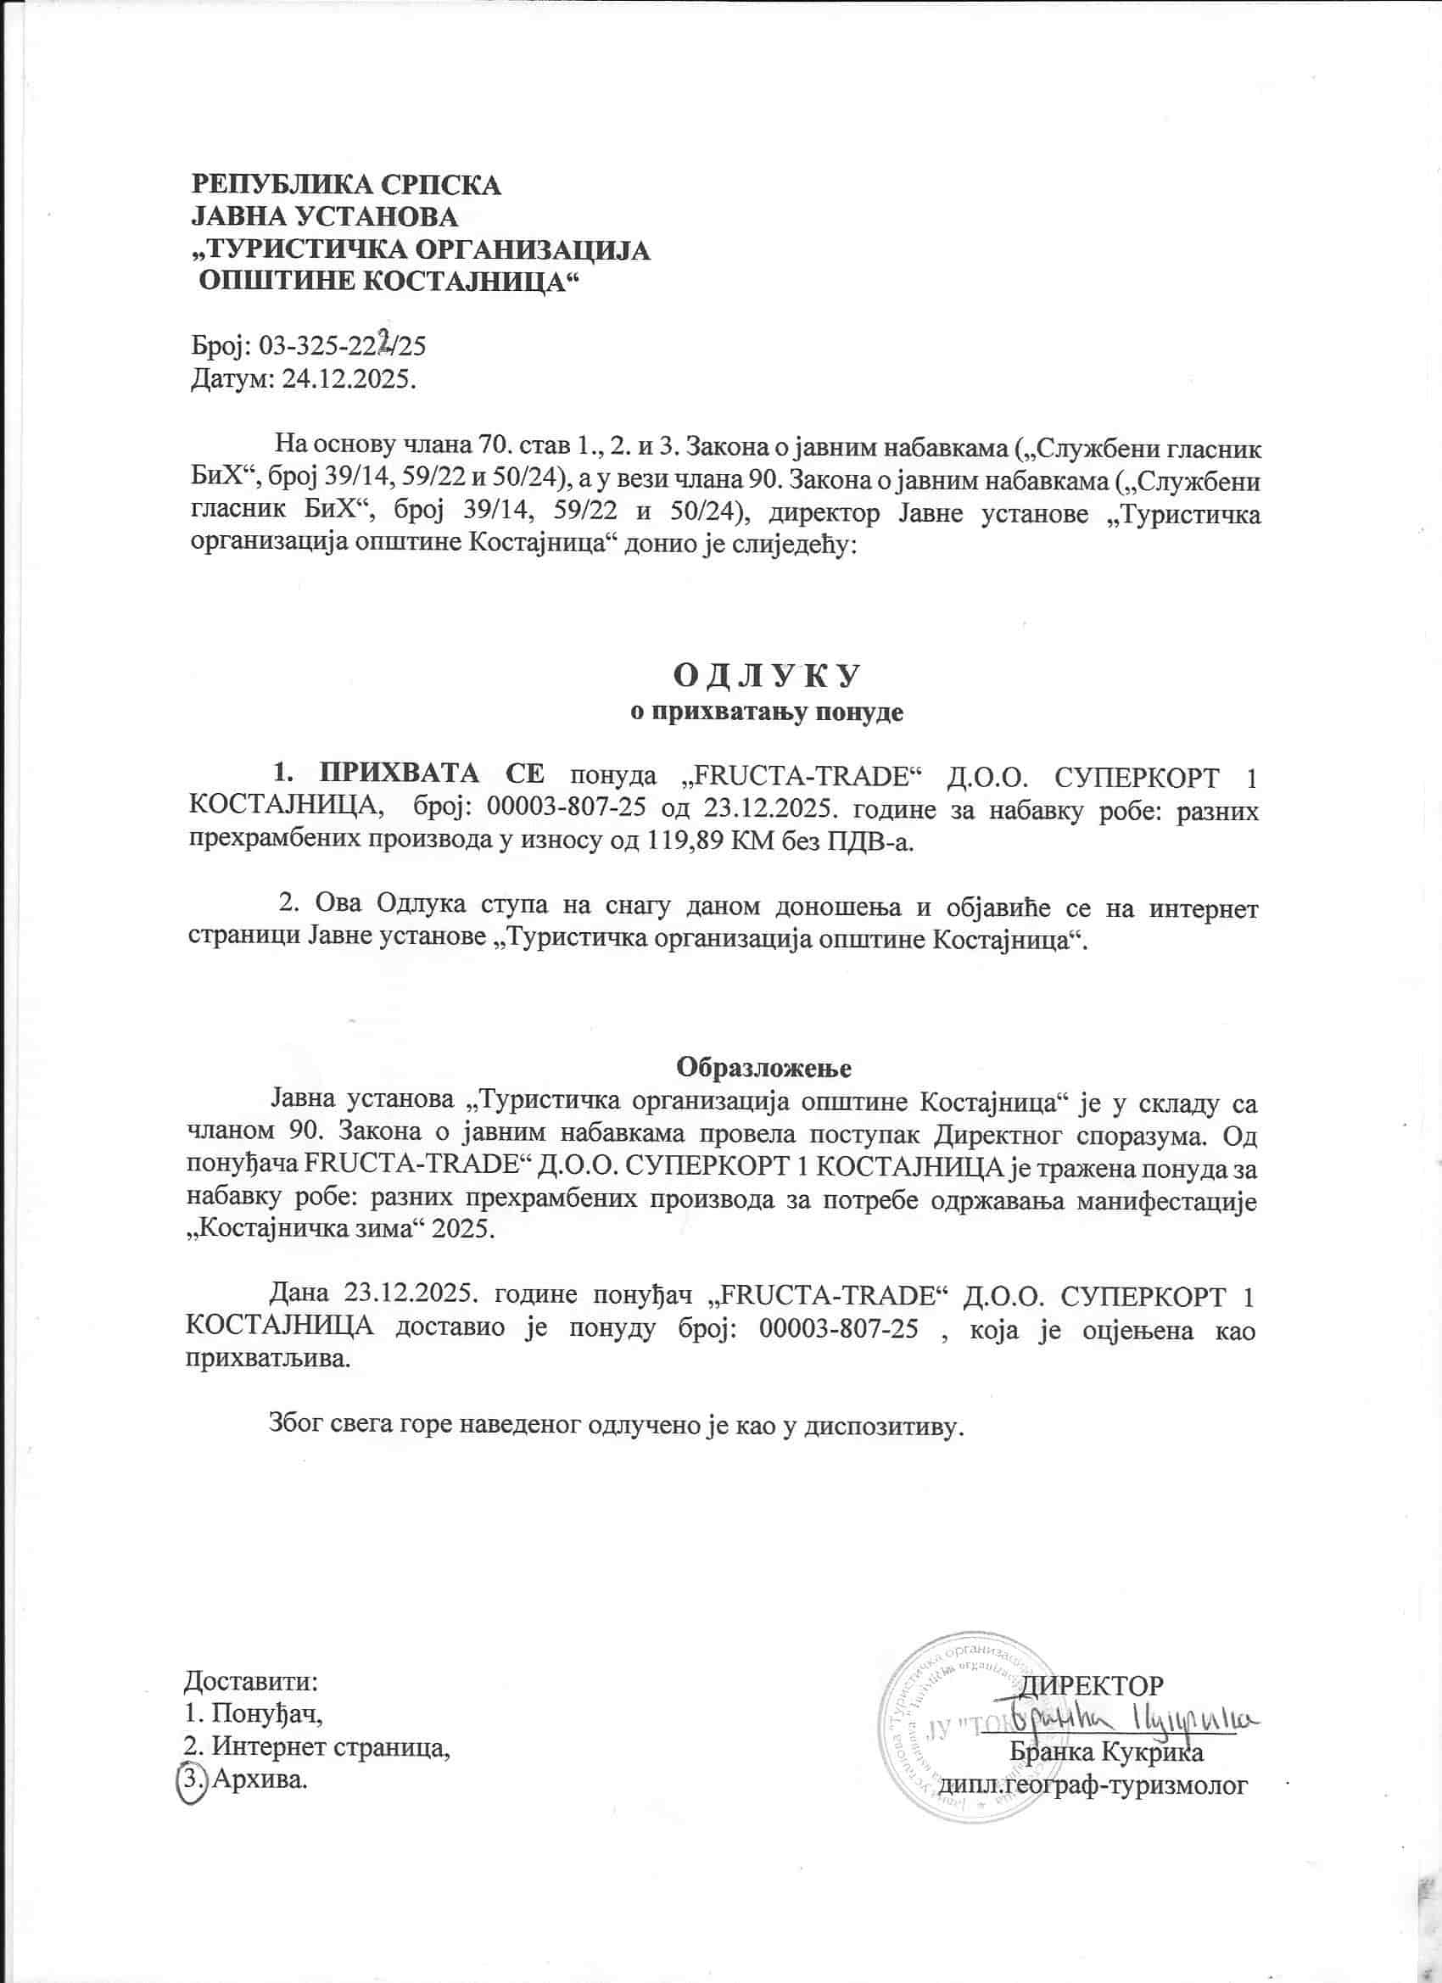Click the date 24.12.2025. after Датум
(x=348, y=379)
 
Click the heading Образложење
(x=764, y=1068)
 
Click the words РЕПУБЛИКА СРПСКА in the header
(x=346, y=185)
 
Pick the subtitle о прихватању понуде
(x=766, y=712)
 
